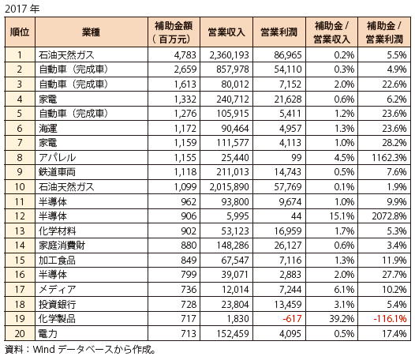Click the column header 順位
point(20,32)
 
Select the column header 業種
point(91,32)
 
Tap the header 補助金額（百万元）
point(174,32)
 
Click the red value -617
point(292,319)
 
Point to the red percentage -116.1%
point(390,319)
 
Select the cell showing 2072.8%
point(389,216)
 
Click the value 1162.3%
point(389,158)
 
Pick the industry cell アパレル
point(57,158)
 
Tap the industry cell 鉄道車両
point(57,172)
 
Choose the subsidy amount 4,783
point(185,55)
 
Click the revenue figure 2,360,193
point(230,55)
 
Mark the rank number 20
point(20,333)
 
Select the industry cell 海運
point(48,129)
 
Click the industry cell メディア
point(57,289)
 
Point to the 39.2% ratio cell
point(342,319)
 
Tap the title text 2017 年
point(22,9)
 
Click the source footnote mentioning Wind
point(80,350)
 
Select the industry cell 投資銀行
point(57,304)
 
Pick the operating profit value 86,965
point(288,55)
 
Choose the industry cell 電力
point(48,333)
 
